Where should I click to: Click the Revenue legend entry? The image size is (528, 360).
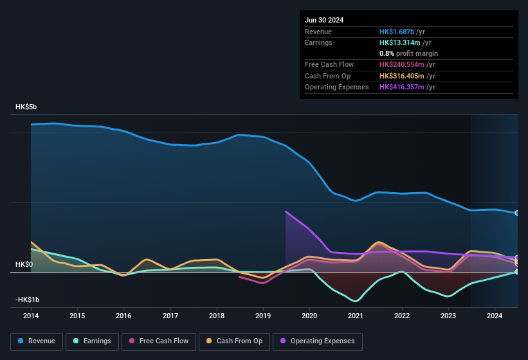pos(37,341)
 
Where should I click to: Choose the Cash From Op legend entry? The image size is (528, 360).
pos(233,341)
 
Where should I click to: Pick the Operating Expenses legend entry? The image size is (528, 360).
pos(318,341)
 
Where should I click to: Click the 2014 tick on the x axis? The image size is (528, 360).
pos(30,316)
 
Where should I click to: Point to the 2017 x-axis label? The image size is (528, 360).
pos(170,316)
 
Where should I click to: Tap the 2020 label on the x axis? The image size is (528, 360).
pos(309,316)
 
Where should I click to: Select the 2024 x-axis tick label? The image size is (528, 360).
pos(495,316)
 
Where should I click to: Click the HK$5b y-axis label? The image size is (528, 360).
pos(26,107)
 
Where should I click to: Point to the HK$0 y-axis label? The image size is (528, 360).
pos(24,265)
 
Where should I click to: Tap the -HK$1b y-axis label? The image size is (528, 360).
pos(28,300)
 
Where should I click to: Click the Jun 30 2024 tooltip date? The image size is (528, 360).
pos(324,20)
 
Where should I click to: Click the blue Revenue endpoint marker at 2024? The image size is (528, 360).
pos(517,213)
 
